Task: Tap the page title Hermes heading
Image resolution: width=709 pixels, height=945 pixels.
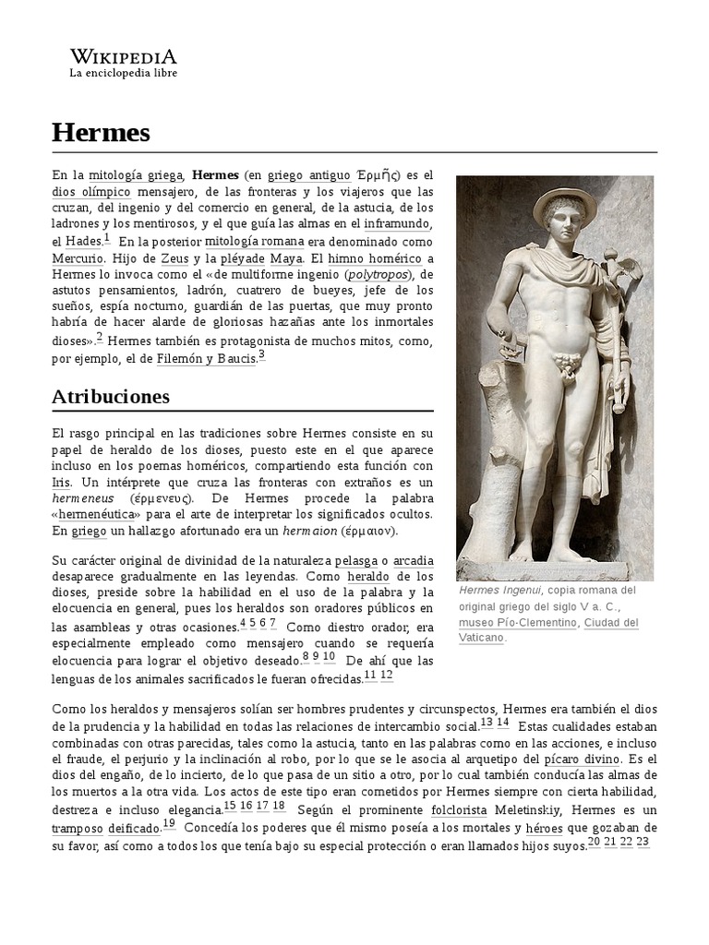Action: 101,133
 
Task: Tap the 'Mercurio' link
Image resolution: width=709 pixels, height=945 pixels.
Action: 78,260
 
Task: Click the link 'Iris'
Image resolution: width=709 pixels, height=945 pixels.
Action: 61,483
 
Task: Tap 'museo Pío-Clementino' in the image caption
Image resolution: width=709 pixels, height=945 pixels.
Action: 518,623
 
